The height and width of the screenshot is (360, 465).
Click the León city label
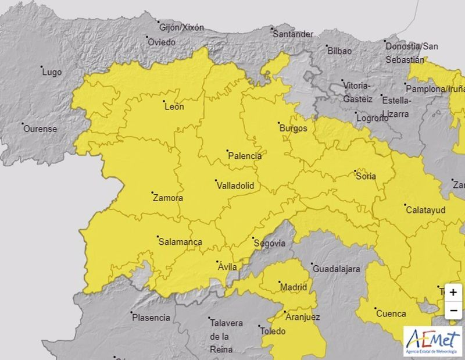[x=175, y=106]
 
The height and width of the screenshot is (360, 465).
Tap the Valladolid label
[x=235, y=186]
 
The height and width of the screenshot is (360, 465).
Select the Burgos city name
[x=294, y=128]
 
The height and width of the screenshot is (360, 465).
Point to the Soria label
[x=366, y=176]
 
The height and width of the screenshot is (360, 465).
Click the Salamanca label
[x=181, y=242]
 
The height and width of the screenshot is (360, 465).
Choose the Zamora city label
[x=168, y=198]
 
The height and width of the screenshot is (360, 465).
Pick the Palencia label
[x=245, y=156]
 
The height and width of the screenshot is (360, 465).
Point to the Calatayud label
[x=425, y=210]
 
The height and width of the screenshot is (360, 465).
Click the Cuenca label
[x=391, y=313]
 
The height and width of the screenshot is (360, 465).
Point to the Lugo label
[x=52, y=73]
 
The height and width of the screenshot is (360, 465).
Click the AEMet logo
[x=433, y=342]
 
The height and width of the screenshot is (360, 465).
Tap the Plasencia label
[x=152, y=318]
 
